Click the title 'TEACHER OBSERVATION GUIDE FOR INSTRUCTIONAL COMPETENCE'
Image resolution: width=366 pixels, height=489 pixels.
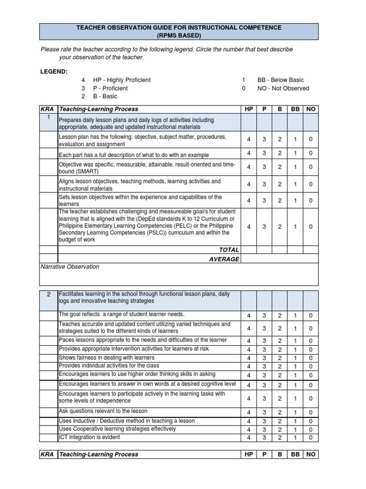(179, 28)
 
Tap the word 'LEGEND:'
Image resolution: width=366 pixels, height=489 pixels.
(54, 71)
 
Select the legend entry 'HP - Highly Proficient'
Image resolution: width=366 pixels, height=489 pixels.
(122, 80)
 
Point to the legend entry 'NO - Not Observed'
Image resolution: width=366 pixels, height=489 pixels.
(283, 88)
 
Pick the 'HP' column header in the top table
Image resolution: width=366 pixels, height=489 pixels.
(249, 109)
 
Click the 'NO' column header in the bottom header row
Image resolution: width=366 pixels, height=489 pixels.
(311, 455)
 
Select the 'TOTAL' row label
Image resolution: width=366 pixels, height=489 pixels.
(229, 250)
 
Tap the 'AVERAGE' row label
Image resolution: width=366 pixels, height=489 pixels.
(224, 259)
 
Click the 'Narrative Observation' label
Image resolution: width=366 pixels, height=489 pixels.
(70, 267)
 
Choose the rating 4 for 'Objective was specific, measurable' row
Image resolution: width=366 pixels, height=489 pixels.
(249, 167)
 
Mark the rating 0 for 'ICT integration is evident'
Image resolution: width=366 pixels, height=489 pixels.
(311, 437)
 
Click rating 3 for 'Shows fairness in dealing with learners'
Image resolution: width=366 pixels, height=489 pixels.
(264, 358)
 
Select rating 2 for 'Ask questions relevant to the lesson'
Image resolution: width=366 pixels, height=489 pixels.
(280, 412)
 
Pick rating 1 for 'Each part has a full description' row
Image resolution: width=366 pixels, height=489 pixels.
(295, 153)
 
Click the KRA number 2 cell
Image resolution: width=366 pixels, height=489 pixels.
(49, 295)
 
